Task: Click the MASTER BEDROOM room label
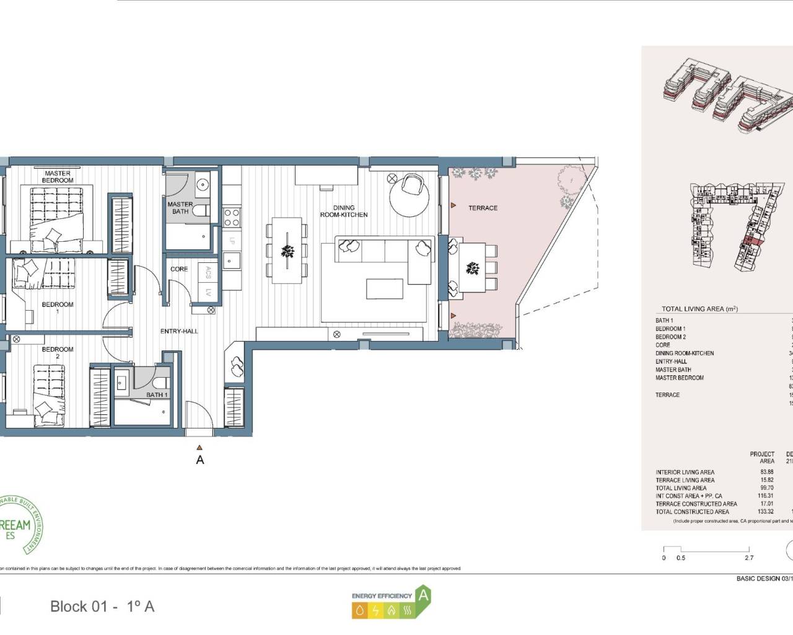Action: pos(58,177)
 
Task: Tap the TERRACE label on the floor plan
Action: pos(483,208)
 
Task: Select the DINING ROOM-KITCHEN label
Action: pos(344,211)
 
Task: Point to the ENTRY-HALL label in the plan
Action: pos(179,331)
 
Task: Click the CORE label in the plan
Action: pos(179,269)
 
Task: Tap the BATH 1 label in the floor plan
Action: pos(156,394)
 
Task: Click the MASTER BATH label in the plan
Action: pos(180,208)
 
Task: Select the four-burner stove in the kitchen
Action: pos(232,217)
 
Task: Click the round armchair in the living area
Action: pos(411,185)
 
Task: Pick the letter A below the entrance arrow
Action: pos(199,460)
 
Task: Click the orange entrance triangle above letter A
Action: pos(199,446)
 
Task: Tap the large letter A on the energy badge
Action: pos(423,595)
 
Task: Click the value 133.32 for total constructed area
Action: pos(766,512)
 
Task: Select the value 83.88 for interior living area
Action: pos(766,472)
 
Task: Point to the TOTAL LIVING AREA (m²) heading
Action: pos(699,308)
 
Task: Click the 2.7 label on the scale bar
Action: pos(748,557)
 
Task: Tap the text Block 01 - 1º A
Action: pos(102,606)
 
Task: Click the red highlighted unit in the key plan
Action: pos(749,241)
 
